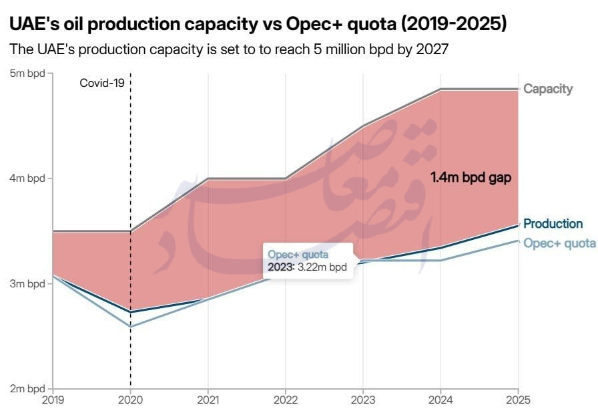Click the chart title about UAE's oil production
click(258, 25)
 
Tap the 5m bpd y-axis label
click(26, 73)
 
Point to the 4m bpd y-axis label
click(26, 178)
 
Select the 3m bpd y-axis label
click(26, 284)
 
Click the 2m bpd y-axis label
click(26, 389)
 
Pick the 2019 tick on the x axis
click(53, 400)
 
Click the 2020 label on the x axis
click(131, 400)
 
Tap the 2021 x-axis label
click(208, 400)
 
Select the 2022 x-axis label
click(286, 400)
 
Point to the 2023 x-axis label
click(363, 400)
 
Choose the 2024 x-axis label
click(440, 400)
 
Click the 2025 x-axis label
click(517, 400)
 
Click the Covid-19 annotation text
click(102, 84)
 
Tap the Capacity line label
click(548, 89)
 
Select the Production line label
click(553, 224)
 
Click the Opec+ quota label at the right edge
click(559, 243)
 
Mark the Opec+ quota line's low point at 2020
click(131, 327)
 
